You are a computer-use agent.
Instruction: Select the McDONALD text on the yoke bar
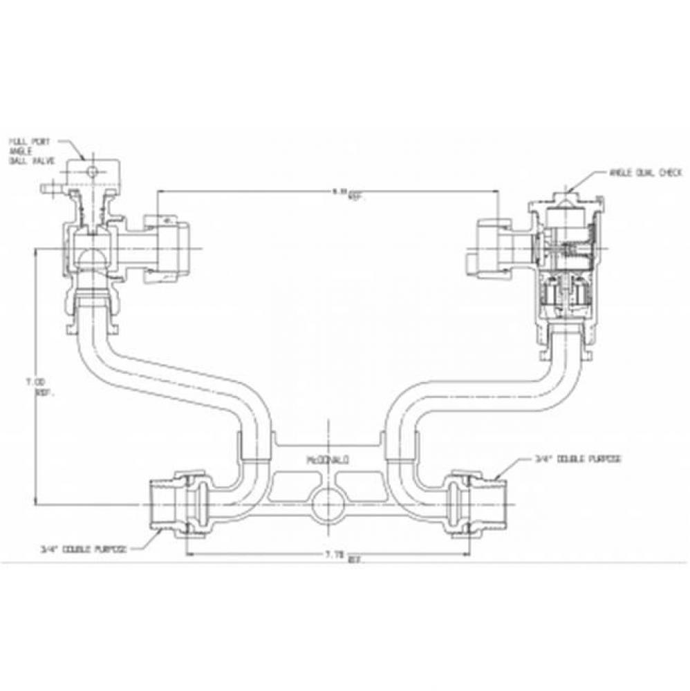tap(328, 458)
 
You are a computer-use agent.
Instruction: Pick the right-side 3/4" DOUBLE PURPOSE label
tap(577, 458)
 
